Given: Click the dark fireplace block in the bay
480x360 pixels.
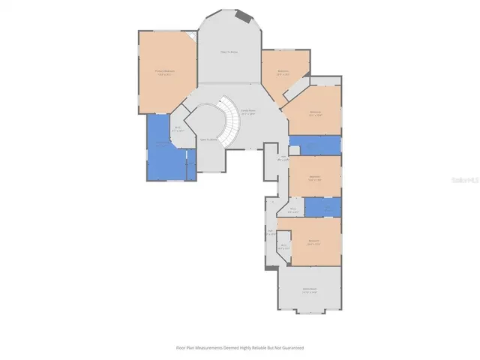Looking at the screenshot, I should (x=242, y=16).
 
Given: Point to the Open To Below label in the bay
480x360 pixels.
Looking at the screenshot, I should (x=228, y=52).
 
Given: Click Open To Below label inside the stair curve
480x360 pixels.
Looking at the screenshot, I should (x=208, y=139).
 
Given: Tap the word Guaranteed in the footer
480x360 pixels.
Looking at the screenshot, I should (x=292, y=348).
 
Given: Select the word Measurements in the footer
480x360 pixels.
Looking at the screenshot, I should (x=205, y=348).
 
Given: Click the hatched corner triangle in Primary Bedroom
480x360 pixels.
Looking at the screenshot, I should (x=192, y=37).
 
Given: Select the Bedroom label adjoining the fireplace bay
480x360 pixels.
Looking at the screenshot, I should (x=283, y=73).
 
